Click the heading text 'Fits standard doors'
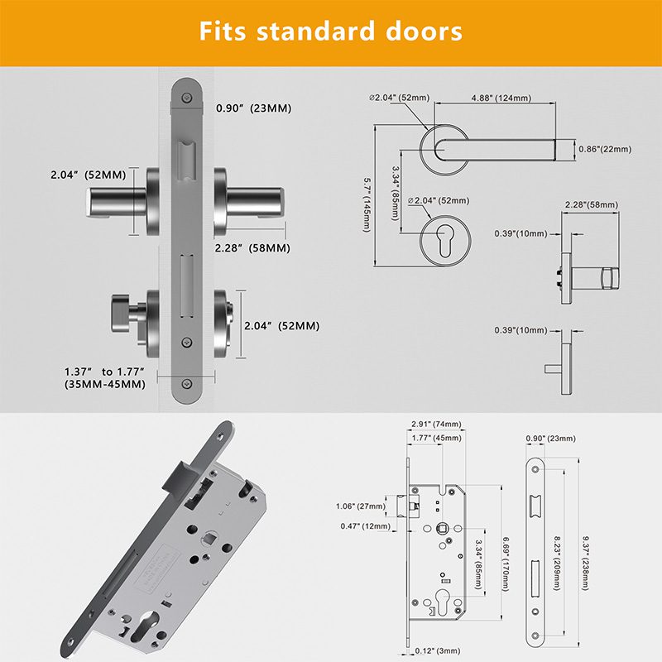tap(331, 32)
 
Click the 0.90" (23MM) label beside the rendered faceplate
tap(253, 108)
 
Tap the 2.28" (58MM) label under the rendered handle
tap(252, 247)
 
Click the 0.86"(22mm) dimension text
tap(604, 149)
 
